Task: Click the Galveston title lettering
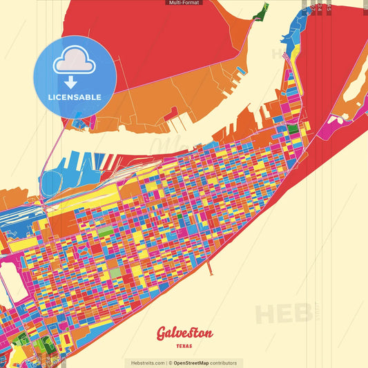pyautogui.click(x=184, y=333)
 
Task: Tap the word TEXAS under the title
pyautogui.click(x=184, y=346)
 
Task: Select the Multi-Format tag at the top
pyautogui.click(x=184, y=3)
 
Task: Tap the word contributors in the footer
pyautogui.click(x=223, y=362)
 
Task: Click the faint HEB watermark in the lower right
pyautogui.click(x=283, y=313)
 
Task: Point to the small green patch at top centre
pyautogui.click(x=261, y=10)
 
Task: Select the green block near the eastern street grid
pyautogui.click(x=293, y=128)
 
